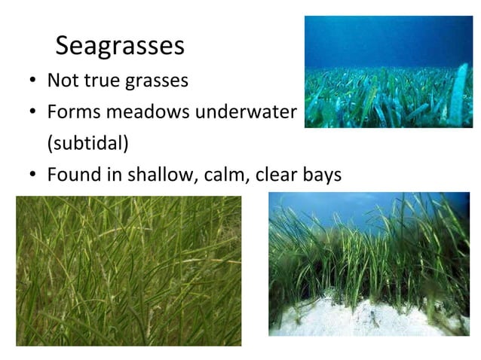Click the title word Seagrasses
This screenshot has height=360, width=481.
pos(120,46)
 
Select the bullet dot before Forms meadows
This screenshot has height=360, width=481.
pos(34,113)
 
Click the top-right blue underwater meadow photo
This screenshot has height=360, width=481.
pos(388,72)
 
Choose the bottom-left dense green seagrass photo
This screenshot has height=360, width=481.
pos(128,270)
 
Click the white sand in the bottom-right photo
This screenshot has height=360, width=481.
pos(354,316)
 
